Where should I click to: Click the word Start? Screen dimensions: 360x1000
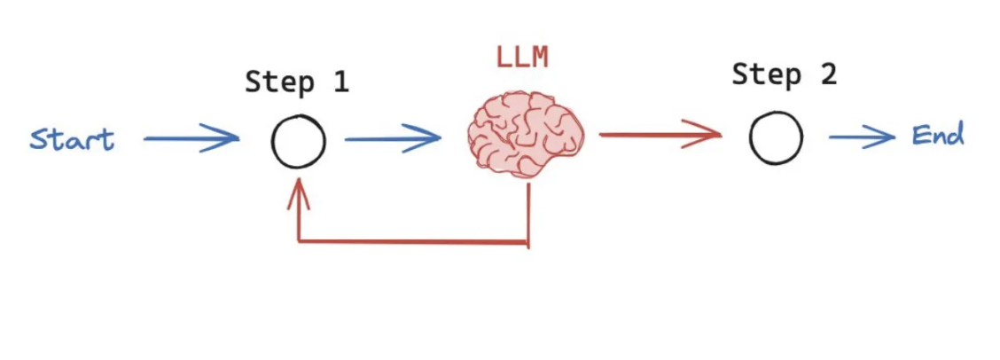click(72, 139)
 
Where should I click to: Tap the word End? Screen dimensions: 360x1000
click(937, 137)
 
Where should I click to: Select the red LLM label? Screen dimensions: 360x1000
click(521, 59)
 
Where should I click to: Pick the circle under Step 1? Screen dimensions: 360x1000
click(299, 142)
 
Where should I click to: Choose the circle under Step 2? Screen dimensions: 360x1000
click(776, 138)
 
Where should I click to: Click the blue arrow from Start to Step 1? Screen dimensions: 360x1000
click(191, 138)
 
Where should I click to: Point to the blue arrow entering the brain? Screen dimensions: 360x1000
click(392, 138)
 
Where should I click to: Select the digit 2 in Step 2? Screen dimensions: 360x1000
click(827, 74)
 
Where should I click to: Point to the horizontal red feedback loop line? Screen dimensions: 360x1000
click(412, 240)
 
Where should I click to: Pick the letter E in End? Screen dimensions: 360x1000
click(921, 137)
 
